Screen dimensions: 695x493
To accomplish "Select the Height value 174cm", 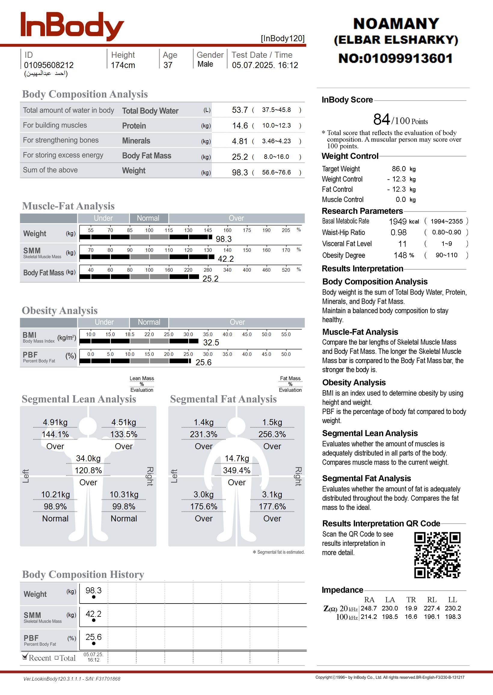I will pos(123,65).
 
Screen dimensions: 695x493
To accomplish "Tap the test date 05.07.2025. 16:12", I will pos(265,65).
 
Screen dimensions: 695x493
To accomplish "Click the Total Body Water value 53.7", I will pos(240,110).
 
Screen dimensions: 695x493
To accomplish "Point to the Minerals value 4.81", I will pos(240,141).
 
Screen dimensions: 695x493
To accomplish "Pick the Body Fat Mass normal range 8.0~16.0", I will pos(276,157).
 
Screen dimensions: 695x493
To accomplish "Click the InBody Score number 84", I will pos(381,119).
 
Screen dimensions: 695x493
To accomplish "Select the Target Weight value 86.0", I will pos(399,169).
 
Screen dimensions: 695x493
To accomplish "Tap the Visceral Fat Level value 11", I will pos(402,244).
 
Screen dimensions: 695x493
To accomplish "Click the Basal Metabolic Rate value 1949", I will pos(398,221).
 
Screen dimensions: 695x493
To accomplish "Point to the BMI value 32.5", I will pos(211,343).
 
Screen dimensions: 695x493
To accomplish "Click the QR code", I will pos(437,555).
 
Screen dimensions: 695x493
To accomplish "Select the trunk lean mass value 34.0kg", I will pos(88,459).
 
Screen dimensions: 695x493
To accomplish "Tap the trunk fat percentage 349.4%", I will pos(237,471).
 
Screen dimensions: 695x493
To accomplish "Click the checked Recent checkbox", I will pos(25,658).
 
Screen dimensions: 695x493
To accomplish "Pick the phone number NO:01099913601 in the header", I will pos(396,58).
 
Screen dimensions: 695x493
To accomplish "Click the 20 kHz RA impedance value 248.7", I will pos(369,608).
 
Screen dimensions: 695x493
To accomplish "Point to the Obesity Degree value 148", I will pos(400,255).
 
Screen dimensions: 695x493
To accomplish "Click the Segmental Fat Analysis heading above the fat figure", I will pos(223,399).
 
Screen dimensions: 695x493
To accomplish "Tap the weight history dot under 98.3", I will pos(93,597).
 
